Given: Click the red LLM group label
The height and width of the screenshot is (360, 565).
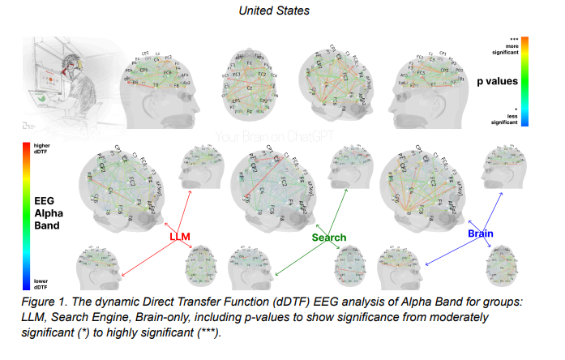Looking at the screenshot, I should tap(179, 237).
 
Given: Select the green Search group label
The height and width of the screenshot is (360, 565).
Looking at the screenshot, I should tap(329, 238).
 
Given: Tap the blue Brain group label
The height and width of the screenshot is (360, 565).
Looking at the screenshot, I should tap(480, 234).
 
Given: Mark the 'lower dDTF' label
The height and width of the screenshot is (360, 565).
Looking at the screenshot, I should tap(41, 284).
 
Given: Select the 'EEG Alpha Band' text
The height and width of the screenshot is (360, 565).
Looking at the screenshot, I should tap(41, 214).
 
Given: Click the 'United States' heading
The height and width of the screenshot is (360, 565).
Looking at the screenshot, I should tap(281, 11).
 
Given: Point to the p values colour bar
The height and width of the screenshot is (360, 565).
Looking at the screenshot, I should tap(525, 81).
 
